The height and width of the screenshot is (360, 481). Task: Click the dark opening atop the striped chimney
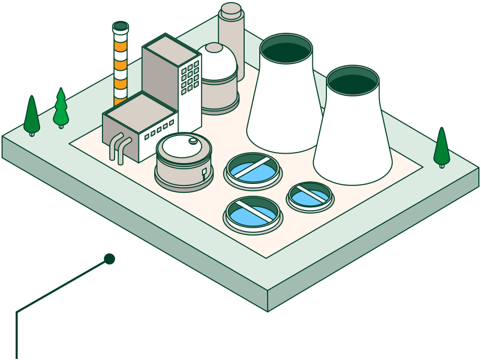point(120,26)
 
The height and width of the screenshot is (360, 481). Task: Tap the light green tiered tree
point(61,108)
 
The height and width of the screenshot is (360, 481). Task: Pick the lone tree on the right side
point(441,147)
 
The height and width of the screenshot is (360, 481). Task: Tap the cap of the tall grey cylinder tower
point(231,9)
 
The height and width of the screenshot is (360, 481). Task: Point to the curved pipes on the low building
point(118,147)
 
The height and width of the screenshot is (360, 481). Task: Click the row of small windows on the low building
point(159,130)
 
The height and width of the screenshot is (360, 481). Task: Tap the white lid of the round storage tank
point(182,145)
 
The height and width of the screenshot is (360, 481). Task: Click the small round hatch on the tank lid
point(193,140)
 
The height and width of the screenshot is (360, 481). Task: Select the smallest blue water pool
point(310,195)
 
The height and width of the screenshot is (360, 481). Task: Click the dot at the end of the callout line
point(109,259)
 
